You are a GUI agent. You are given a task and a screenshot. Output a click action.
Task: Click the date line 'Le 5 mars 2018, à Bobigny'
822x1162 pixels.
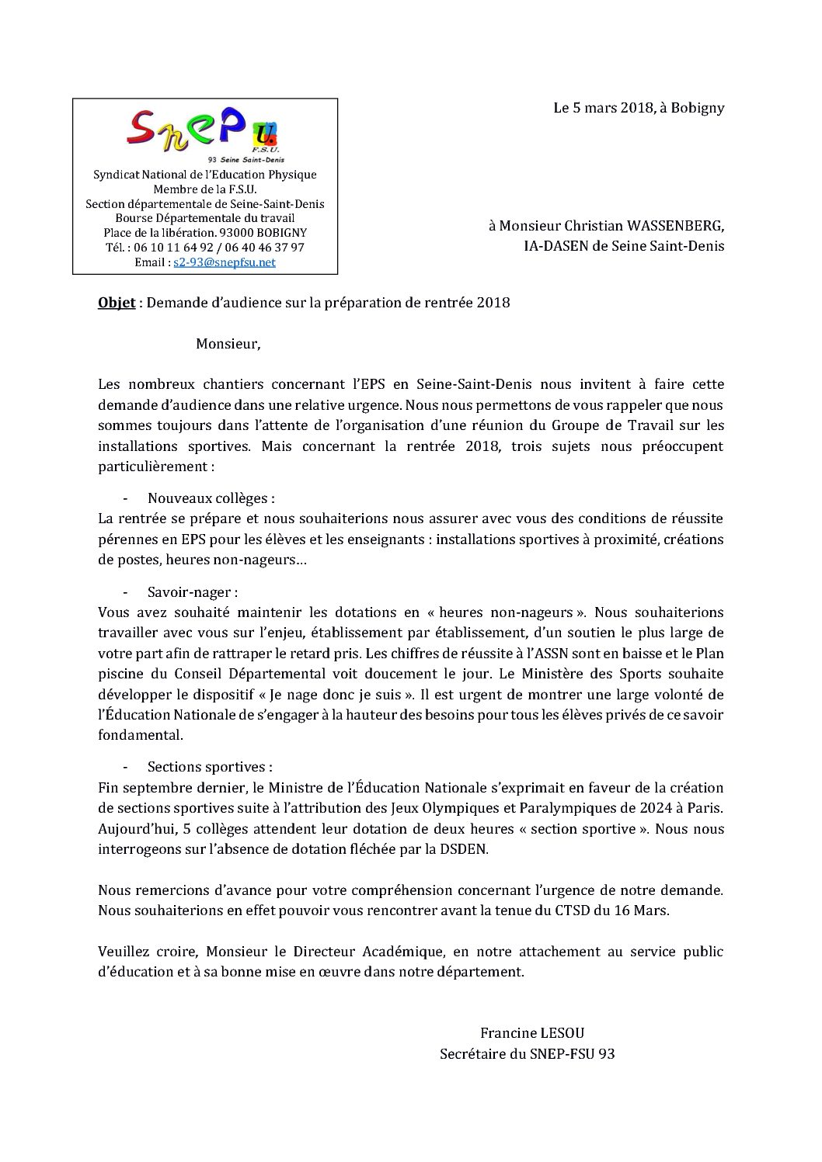[638, 108]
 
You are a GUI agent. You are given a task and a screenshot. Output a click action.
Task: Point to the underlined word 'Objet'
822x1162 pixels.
[117, 303]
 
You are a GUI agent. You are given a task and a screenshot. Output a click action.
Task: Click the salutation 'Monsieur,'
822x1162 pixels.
[228, 343]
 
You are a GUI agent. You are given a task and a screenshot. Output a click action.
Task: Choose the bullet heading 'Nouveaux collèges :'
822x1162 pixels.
[211, 498]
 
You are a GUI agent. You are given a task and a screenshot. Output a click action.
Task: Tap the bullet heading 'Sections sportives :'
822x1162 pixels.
[210, 767]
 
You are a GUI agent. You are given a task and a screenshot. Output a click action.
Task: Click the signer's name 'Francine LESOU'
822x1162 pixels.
[532, 1033]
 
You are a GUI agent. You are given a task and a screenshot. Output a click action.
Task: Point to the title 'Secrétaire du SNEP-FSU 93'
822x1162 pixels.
[527, 1054]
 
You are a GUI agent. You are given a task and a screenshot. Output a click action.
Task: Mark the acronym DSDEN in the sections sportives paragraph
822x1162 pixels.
[465, 849]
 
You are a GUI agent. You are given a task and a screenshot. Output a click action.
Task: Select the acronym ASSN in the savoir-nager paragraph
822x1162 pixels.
[539, 654]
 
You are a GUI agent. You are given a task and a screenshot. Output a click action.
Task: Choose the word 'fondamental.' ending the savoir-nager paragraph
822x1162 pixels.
[141, 735]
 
